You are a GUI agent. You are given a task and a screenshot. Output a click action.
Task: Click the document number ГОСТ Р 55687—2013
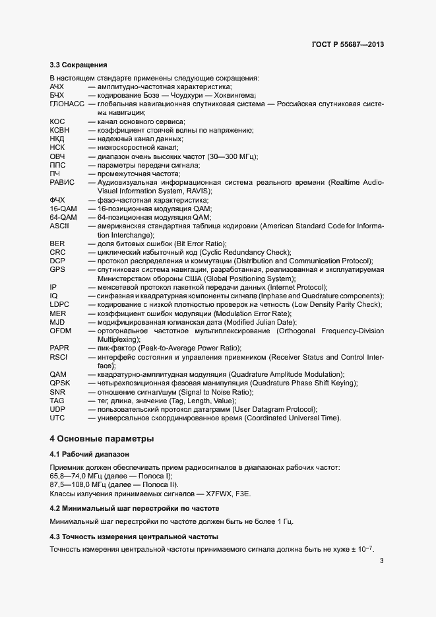pyautogui.click(x=348, y=44)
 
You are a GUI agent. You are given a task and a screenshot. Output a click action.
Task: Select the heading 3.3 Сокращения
pyautogui.click(x=78, y=65)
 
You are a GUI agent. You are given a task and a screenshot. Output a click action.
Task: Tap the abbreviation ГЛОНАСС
pyautogui.click(x=67, y=104)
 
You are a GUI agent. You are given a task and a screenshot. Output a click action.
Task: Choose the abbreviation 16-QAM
pyautogui.click(x=63, y=209)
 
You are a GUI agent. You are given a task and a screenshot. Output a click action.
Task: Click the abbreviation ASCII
pyautogui.click(x=59, y=226)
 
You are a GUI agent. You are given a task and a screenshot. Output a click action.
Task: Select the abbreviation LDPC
pyautogui.click(x=59, y=304)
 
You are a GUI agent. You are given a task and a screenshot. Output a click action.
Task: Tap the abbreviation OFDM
pyautogui.click(x=60, y=330)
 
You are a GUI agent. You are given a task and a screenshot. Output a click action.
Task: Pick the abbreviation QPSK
pyautogui.click(x=59, y=383)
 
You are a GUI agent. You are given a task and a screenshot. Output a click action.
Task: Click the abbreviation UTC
pyautogui.click(x=57, y=418)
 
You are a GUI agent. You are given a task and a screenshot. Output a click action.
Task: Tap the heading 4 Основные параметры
pyautogui.click(x=102, y=439)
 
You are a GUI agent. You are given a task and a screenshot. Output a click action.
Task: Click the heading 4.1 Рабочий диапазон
pyautogui.click(x=90, y=455)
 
